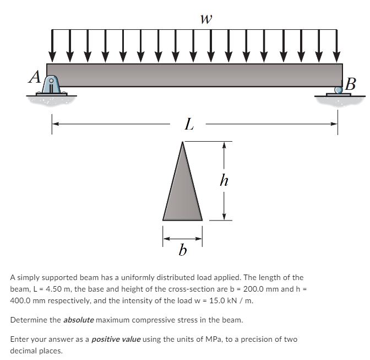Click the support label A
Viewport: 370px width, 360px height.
coord(35,77)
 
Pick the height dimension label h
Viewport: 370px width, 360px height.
coord(224,180)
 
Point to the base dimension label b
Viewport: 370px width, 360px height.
coord(183,251)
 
